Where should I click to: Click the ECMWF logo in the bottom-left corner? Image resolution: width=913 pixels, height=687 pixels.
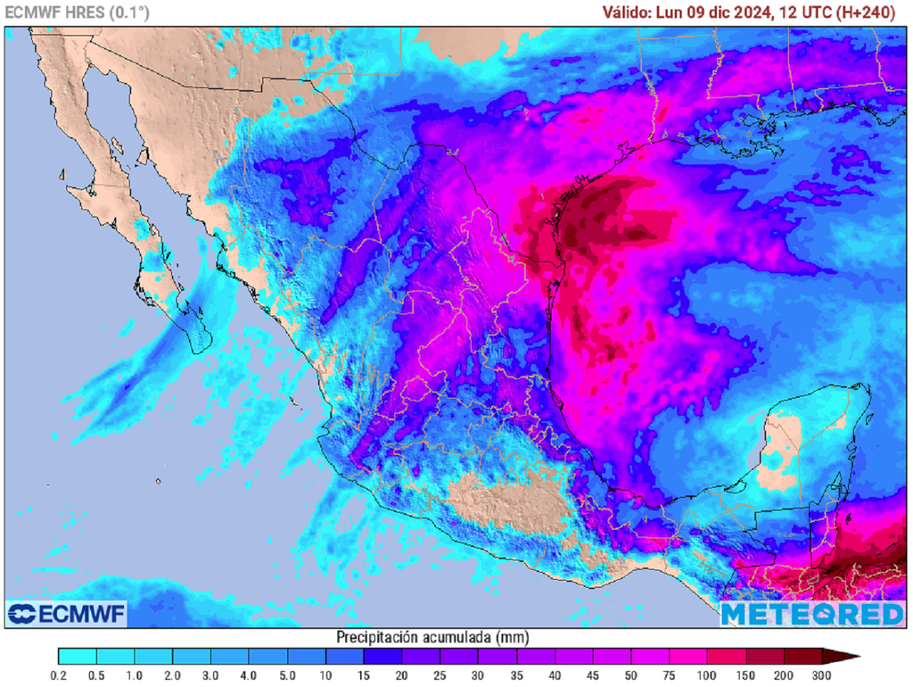(67, 614)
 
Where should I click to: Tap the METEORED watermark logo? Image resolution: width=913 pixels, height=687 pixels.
(812, 614)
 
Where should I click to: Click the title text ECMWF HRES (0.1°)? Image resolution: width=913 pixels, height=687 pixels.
(78, 12)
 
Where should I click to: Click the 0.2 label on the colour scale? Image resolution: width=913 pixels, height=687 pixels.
(58, 675)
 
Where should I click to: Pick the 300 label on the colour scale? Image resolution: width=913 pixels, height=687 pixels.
(823, 675)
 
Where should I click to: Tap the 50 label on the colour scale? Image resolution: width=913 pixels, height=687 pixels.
(631, 675)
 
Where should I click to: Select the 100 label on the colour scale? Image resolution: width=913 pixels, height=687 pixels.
(708, 675)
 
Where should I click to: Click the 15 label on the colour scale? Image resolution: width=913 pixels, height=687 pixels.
(364, 675)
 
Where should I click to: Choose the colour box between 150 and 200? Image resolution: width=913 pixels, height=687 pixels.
(765, 657)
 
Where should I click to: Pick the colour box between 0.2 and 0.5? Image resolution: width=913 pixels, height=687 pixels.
(77, 657)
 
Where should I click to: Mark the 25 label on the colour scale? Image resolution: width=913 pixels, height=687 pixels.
(440, 675)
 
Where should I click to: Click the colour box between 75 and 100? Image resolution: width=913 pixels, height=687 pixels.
(688, 657)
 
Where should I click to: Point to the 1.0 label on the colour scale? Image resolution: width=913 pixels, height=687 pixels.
(134, 675)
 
